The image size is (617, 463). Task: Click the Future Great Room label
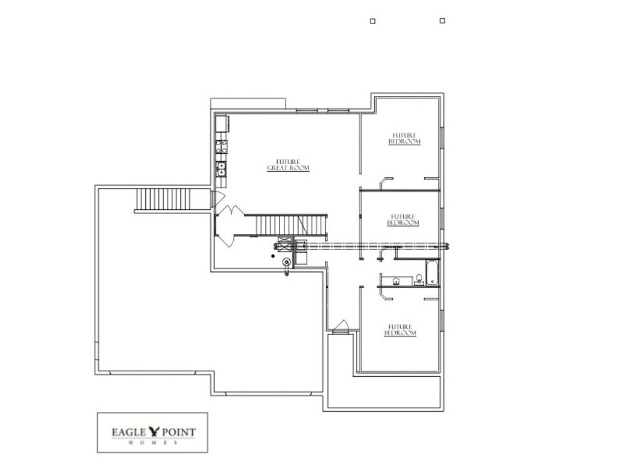coord(288,165)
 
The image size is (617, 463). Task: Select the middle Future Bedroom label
coord(403,219)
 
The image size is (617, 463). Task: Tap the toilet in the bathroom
coord(418,280)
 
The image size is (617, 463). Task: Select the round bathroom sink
coord(395,280)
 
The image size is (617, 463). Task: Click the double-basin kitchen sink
coord(222,168)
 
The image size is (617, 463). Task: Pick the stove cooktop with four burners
coord(222,146)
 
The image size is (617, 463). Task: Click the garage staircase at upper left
coord(163,200)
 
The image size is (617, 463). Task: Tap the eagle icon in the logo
coord(155,431)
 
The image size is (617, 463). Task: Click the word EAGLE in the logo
coord(130,432)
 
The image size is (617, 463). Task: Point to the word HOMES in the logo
coord(152,443)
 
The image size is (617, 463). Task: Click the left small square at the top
coord(372,21)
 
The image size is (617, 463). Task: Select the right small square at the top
coord(442,20)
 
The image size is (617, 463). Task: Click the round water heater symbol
coord(286,261)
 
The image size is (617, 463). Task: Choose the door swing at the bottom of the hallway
coord(340,326)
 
